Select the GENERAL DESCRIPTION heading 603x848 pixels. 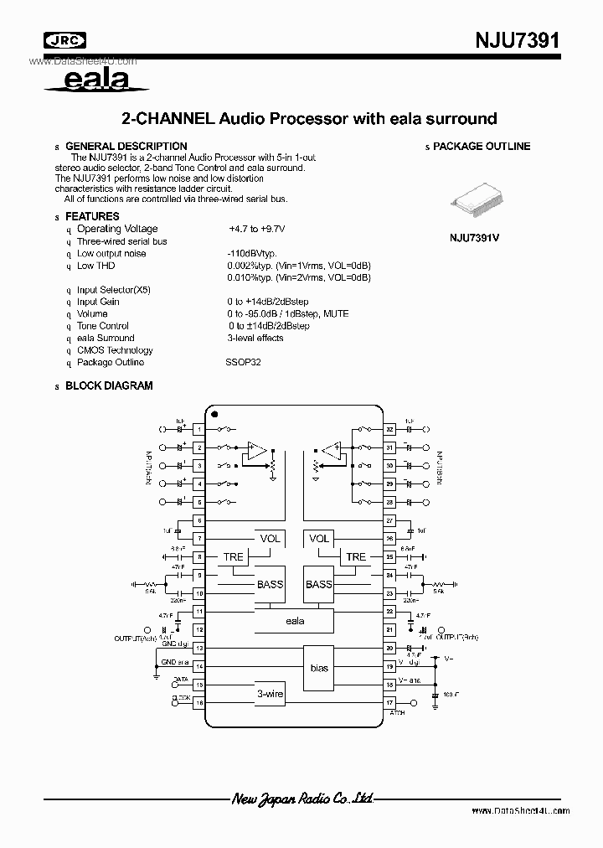coord(126,146)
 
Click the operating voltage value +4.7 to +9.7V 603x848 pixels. coord(256,229)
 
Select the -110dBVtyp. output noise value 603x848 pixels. coord(251,253)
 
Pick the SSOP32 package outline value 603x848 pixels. coord(243,362)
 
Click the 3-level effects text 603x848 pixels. coord(255,338)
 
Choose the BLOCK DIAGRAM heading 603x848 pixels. coord(109,386)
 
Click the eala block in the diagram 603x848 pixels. coord(294,621)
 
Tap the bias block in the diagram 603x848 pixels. coord(319,668)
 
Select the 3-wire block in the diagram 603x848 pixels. coord(270,694)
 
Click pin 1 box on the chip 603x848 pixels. coord(199,429)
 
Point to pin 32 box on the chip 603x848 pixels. coord(389,429)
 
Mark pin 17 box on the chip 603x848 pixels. coord(389,702)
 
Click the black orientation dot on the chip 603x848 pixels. coord(214,414)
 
